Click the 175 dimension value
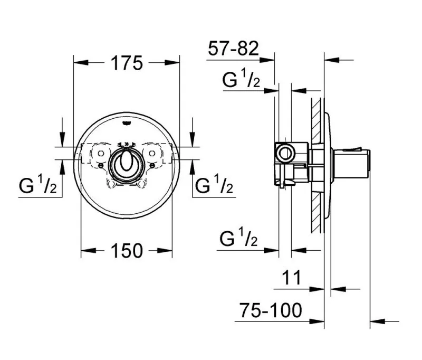[127, 63]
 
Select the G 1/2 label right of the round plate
[214, 185]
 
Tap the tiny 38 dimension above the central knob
[126, 144]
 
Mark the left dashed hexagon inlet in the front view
[98, 153]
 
